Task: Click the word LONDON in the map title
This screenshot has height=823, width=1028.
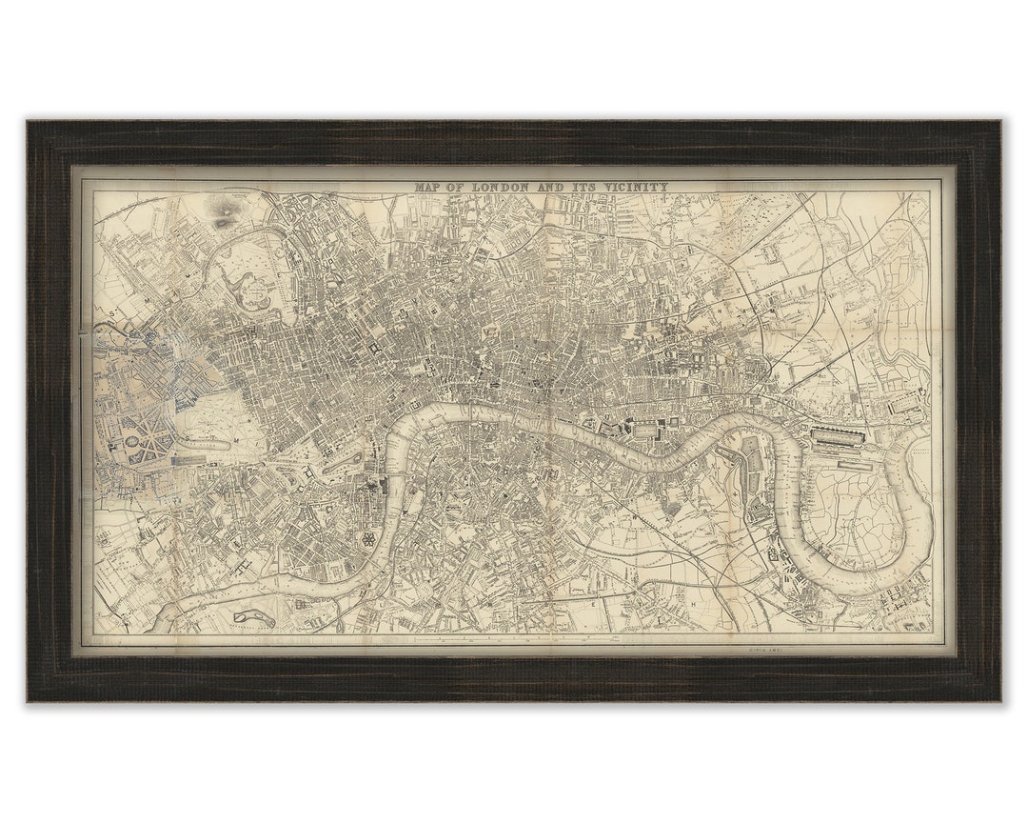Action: tap(498, 188)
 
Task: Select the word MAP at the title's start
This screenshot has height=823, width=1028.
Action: tap(429, 188)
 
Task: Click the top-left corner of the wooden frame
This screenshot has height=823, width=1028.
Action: tap(30, 123)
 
